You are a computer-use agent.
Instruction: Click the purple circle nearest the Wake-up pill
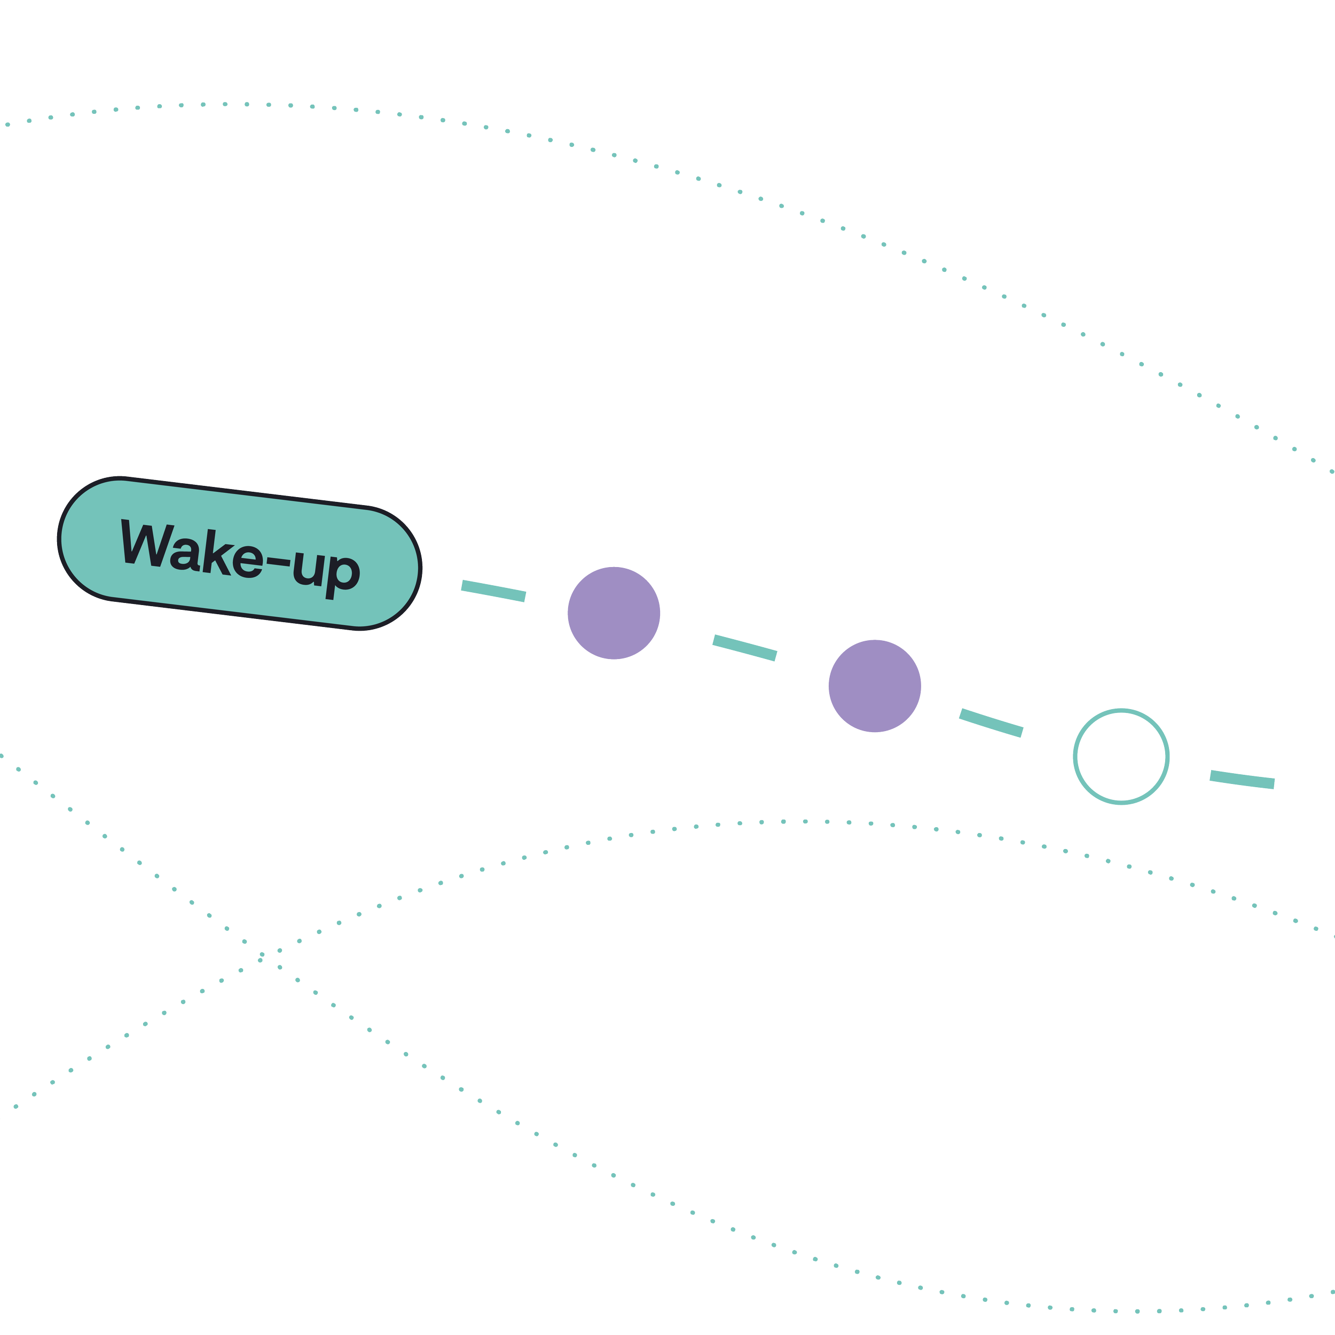(614, 613)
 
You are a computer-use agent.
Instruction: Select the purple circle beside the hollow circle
(875, 686)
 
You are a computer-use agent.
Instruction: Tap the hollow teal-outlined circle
(1121, 757)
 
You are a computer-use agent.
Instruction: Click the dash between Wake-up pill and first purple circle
(493, 591)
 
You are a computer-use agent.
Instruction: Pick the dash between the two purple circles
(745, 647)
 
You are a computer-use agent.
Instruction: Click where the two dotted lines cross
(261, 955)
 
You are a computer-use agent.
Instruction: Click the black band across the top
(667, 49)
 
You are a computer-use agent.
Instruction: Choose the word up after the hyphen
(325, 572)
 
